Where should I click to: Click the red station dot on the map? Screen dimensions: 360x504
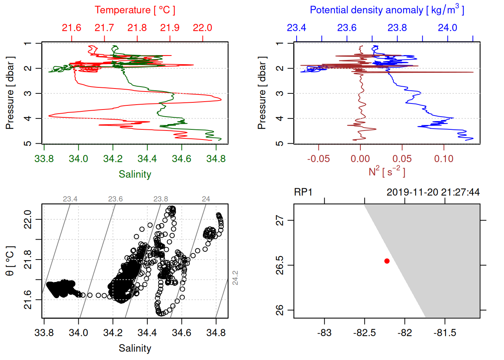[x=387, y=261]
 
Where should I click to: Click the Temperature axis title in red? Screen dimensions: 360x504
[x=135, y=10]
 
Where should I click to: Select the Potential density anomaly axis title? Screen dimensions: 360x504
[x=387, y=10]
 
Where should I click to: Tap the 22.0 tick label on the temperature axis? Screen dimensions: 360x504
[x=202, y=28]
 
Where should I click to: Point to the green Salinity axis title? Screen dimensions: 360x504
[x=135, y=174]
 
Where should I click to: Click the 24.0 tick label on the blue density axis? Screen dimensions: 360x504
[x=447, y=28]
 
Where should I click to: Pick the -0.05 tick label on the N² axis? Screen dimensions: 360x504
[x=318, y=159]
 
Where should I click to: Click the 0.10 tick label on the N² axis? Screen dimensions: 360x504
[x=444, y=159]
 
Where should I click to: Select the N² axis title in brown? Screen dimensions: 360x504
[x=387, y=172]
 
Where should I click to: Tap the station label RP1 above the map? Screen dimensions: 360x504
[x=303, y=192]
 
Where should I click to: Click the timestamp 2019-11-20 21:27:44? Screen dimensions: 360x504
[x=433, y=192]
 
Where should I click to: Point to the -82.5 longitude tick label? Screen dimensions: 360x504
[x=364, y=333]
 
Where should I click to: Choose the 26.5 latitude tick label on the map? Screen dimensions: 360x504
[x=280, y=265]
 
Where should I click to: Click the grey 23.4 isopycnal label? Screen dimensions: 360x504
[x=70, y=199]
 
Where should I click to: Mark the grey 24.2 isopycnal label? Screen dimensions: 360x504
[x=235, y=278]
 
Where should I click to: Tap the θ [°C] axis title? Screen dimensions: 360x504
[x=10, y=261]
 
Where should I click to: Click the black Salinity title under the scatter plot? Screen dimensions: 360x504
[x=135, y=348]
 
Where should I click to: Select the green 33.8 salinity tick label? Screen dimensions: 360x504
[x=44, y=159]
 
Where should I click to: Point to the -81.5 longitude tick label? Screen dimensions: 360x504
[x=445, y=333]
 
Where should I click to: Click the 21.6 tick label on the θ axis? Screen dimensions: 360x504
[x=28, y=300]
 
